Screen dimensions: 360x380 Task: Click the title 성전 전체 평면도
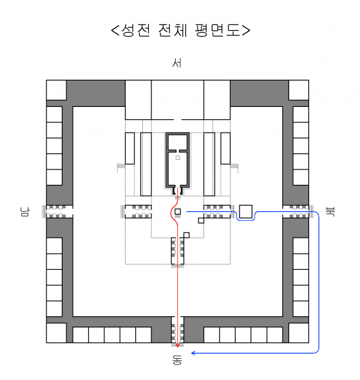[180, 30]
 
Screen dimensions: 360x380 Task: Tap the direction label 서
[177, 63]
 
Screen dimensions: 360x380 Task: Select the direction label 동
[177, 360]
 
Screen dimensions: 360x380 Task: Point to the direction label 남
[25, 211]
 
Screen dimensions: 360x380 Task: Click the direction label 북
[330, 211]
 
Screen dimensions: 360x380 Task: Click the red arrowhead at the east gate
[178, 345]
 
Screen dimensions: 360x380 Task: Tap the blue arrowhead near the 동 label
[193, 353]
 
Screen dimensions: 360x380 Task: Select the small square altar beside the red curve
[178, 211]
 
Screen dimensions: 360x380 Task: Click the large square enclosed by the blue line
[245, 211]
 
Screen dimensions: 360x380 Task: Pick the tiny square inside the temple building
[178, 158]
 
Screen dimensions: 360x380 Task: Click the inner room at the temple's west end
[178, 142]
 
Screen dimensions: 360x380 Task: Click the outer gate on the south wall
[58, 211]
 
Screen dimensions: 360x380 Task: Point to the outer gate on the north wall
[298, 211]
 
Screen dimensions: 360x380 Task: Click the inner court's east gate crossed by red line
[178, 252]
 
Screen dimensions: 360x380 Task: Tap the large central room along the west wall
[178, 100]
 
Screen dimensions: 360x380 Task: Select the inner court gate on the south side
[137, 211]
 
